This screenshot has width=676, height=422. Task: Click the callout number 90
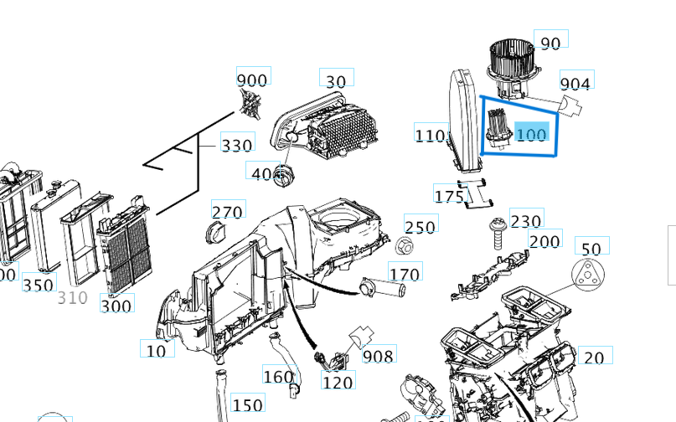(x=550, y=43)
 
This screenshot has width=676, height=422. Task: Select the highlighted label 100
(x=531, y=134)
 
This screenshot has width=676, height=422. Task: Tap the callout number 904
(x=575, y=84)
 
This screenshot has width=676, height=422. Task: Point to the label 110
(x=430, y=134)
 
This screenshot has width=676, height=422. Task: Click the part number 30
(x=335, y=81)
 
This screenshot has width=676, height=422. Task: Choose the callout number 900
(x=252, y=80)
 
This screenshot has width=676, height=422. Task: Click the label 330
(x=236, y=145)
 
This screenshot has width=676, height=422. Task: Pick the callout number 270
(x=226, y=213)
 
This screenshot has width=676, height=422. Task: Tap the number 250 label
(x=420, y=227)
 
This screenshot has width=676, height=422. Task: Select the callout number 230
(x=525, y=221)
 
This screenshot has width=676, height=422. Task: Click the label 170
(x=405, y=274)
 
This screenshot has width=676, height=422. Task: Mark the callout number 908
(x=378, y=356)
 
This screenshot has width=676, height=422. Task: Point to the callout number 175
(x=449, y=196)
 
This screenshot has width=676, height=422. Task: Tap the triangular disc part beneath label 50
(x=588, y=275)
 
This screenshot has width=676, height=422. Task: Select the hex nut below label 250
(x=405, y=246)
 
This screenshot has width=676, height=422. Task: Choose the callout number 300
(x=116, y=306)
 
